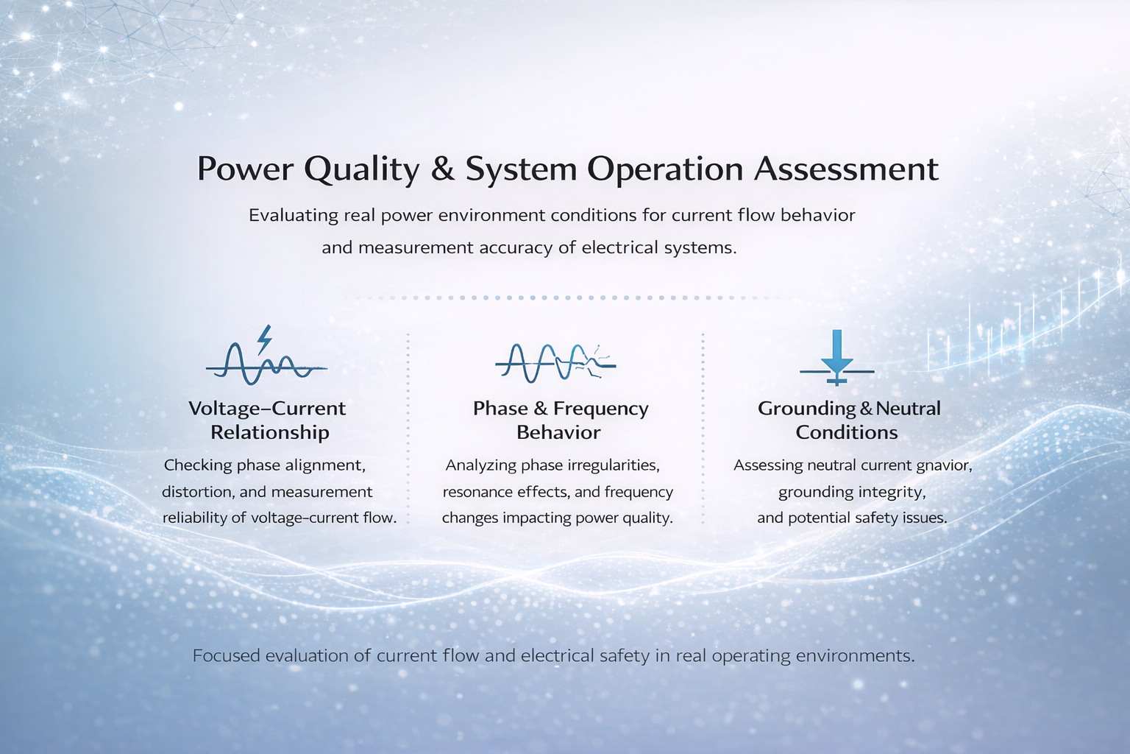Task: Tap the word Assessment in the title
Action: [846, 169]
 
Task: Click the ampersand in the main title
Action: [442, 169]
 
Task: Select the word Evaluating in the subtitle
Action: [294, 216]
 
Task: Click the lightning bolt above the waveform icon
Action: [264, 339]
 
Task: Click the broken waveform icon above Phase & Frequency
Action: [555, 362]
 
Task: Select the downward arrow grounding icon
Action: [837, 358]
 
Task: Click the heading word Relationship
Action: [270, 433]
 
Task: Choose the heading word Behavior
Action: [558, 433]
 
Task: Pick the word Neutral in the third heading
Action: [908, 409]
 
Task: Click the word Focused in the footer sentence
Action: [226, 656]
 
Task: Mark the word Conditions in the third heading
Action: [847, 433]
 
